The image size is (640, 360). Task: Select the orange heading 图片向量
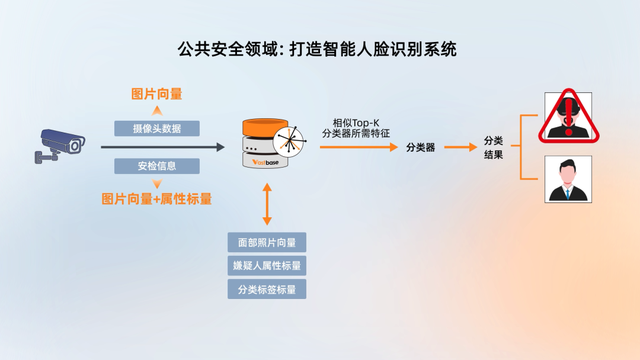[157, 94]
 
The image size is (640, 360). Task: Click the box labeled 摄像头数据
[157, 128]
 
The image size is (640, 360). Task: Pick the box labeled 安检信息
[157, 166]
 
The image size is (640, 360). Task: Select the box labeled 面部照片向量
[266, 242]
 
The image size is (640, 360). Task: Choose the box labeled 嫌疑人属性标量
[266, 266]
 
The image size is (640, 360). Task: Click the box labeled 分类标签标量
[266, 290]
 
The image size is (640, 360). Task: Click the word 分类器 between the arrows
[420, 147]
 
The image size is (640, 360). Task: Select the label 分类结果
[493, 148]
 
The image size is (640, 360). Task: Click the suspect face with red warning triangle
[566, 117]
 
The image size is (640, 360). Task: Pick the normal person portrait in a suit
[567, 179]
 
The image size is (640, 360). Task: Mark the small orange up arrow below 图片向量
[157, 111]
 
